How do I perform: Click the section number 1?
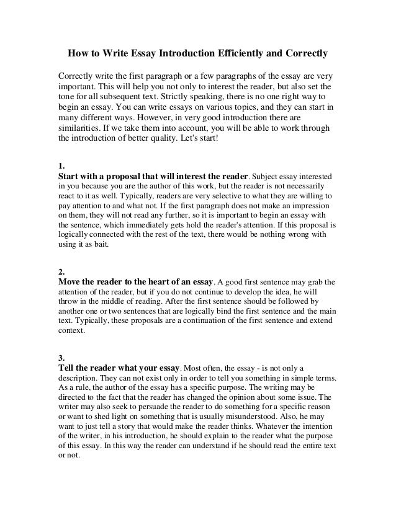pyautogui.click(x=60, y=166)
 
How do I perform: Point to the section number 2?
pyautogui.click(x=60, y=271)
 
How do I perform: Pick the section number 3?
pyautogui.click(x=60, y=358)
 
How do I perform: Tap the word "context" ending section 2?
pyautogui.click(x=72, y=331)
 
